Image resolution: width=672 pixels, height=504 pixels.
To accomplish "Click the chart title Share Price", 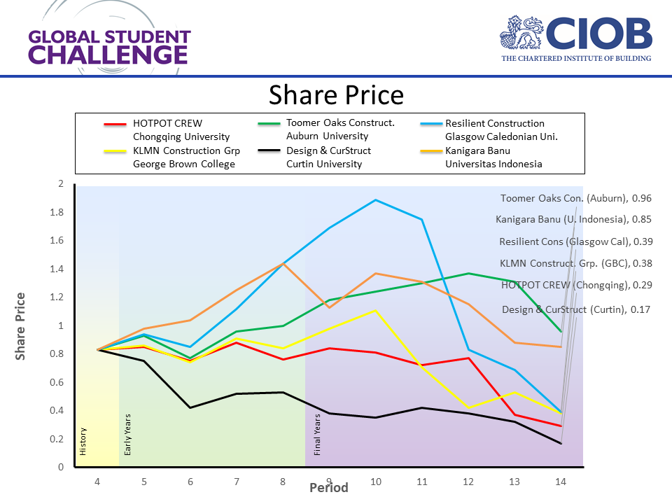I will click(336, 94).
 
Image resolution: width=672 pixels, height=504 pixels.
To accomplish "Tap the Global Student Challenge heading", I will click(109, 47).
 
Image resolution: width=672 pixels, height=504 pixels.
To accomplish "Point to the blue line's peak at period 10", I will click(376, 200).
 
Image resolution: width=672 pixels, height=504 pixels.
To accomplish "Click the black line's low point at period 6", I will click(190, 407).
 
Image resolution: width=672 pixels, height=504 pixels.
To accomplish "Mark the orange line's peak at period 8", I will click(283, 263).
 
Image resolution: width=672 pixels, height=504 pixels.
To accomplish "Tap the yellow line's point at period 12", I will click(468, 407).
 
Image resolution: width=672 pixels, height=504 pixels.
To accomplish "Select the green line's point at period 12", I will click(468, 274).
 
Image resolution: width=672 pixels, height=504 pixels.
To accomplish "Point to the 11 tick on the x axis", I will click(422, 482).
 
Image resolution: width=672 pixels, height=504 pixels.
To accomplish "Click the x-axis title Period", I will click(329, 488).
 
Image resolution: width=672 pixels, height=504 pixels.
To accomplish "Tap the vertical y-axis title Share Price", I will click(21, 326).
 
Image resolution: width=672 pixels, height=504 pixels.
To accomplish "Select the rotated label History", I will click(83, 442).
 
